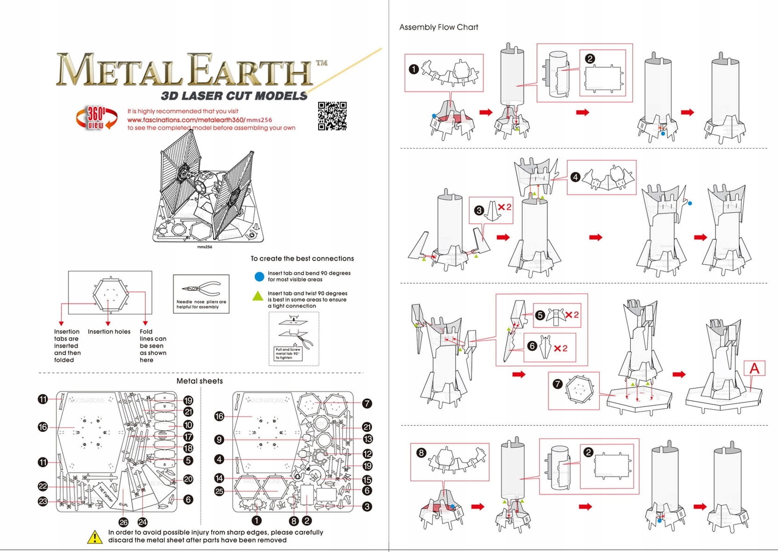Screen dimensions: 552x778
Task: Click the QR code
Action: pyautogui.click(x=332, y=116)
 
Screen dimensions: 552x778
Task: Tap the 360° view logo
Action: pyautogui.click(x=97, y=118)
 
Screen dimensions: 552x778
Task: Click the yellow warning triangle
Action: pyautogui.click(x=95, y=537)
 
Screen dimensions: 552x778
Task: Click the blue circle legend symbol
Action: pyautogui.click(x=259, y=276)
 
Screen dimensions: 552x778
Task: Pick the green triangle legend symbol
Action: pyautogui.click(x=258, y=296)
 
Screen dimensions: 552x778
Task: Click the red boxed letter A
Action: pyautogui.click(x=754, y=368)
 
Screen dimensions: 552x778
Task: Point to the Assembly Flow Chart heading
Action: pyautogui.click(x=438, y=27)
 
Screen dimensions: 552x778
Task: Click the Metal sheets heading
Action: pyautogui.click(x=200, y=381)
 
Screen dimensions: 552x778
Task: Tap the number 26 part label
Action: pyautogui.click(x=123, y=522)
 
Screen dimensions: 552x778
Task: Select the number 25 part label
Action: pyautogui.click(x=219, y=491)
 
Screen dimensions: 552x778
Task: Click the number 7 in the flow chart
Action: pyautogui.click(x=557, y=384)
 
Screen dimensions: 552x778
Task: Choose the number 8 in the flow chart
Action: pyautogui.click(x=421, y=453)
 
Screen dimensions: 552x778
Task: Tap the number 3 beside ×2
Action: pyautogui.click(x=478, y=210)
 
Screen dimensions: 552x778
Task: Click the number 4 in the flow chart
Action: pyautogui.click(x=576, y=177)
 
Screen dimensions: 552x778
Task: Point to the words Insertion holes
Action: pyautogui.click(x=109, y=332)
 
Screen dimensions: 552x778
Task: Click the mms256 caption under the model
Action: pyautogui.click(x=205, y=247)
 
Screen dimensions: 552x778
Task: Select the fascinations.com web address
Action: pyautogui.click(x=200, y=120)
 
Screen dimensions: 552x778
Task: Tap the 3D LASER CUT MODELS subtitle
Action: pyautogui.click(x=234, y=96)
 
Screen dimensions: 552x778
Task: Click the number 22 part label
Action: pyautogui.click(x=43, y=486)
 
